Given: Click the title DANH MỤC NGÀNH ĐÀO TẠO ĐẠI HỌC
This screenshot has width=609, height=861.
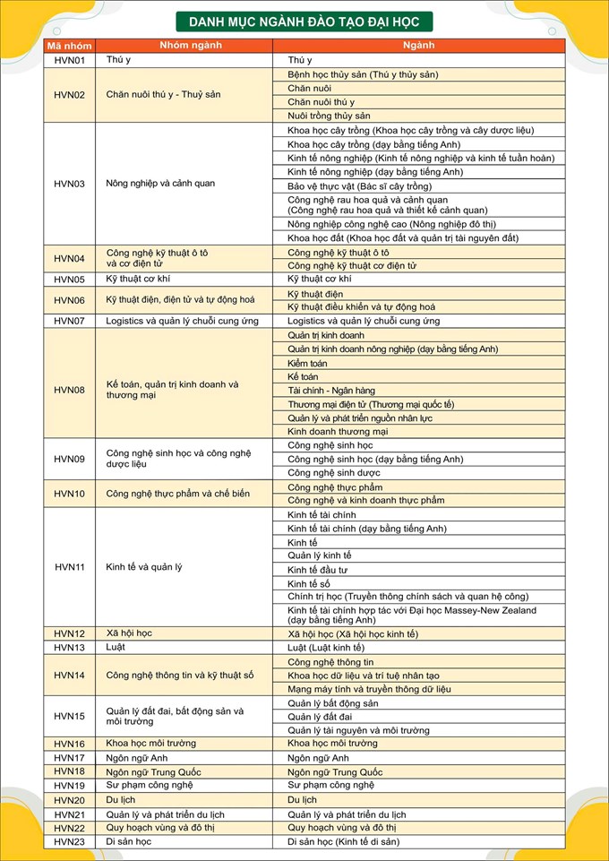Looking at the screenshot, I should coord(304,22).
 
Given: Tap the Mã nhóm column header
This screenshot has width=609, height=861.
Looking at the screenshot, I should coord(70,45).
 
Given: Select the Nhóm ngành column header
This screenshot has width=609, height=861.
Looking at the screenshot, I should coord(184,45).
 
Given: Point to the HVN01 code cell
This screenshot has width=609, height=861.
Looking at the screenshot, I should coord(70,60).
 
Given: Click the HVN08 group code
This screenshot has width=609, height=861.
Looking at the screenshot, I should coord(70,390).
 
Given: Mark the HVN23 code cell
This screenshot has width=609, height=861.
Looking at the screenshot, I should coord(70,842).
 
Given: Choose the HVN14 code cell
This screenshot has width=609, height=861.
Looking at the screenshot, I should coord(70,676).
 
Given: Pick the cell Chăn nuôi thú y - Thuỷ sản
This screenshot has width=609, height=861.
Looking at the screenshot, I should coord(163,95).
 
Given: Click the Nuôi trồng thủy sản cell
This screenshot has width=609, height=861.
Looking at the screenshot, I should coord(329,116).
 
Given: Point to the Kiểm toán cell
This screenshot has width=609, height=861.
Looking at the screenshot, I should coord(308,363).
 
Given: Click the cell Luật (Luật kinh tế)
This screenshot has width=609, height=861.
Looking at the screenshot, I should coord(326,648).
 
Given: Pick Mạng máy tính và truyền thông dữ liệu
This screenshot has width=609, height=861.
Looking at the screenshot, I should coord(369,689).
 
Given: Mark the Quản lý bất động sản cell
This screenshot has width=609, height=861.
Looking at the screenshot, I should coord(332,703).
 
